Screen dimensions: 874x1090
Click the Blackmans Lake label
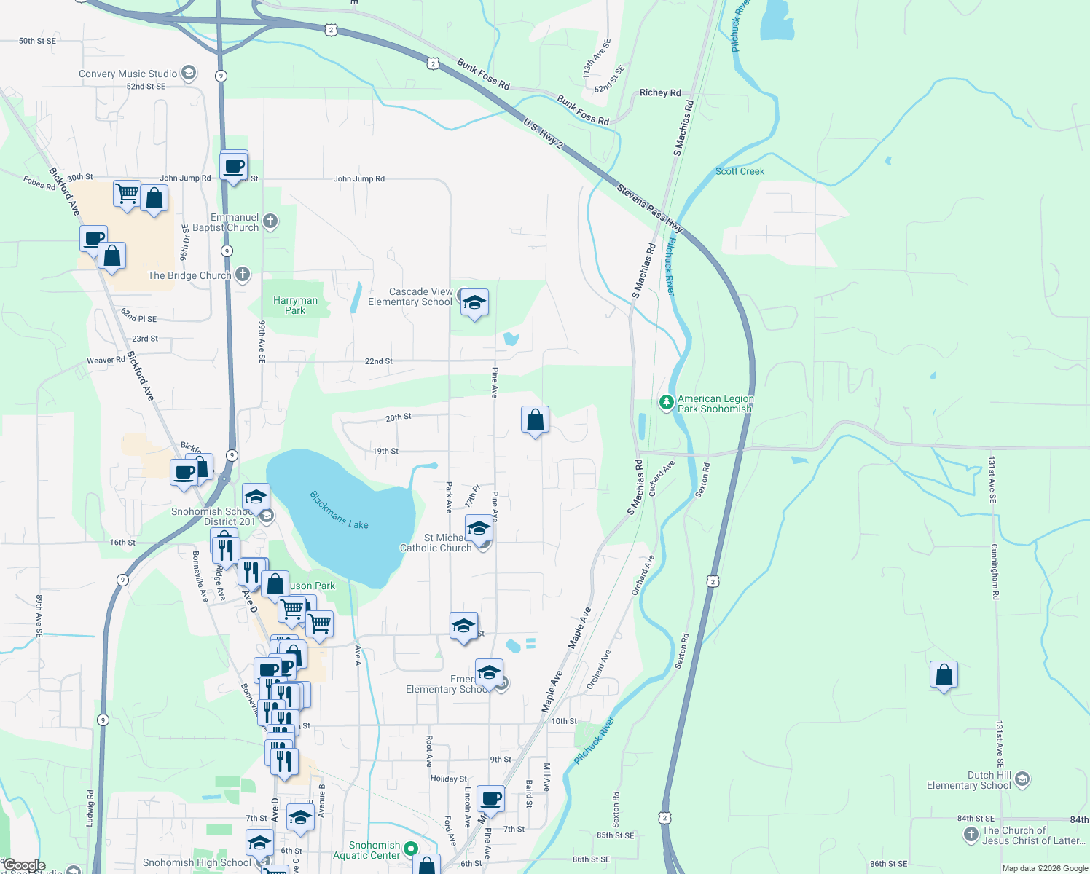pyautogui.click(x=339, y=510)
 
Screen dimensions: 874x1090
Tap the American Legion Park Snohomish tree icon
pyautogui.click(x=666, y=403)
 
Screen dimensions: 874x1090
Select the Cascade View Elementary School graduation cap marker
pyautogui.click(x=474, y=303)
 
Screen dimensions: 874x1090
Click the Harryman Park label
pyautogui.click(x=295, y=305)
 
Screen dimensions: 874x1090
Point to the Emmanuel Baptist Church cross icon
pyautogui.click(x=270, y=221)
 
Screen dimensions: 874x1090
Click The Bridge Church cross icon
pyautogui.click(x=243, y=275)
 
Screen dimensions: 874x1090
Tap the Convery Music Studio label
pyautogui.click(x=128, y=74)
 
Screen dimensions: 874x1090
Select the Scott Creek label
pyautogui.click(x=740, y=171)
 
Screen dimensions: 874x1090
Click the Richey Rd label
pyautogui.click(x=660, y=92)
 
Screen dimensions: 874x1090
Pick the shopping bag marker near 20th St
pyautogui.click(x=535, y=420)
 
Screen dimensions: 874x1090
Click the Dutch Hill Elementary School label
pyautogui.click(x=968, y=780)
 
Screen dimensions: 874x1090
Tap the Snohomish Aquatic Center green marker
pyautogui.click(x=411, y=849)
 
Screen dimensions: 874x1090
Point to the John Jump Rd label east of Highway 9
pyautogui.click(x=358, y=178)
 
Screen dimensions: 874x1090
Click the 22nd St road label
pyautogui.click(x=378, y=361)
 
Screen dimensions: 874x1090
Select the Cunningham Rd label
pyautogui.click(x=995, y=571)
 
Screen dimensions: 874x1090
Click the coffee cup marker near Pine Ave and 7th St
pyautogui.click(x=491, y=799)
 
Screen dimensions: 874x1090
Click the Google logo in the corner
pyautogui.click(x=24, y=865)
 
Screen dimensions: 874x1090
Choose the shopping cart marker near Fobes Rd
pyautogui.click(x=127, y=194)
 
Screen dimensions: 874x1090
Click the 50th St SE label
pyautogui.click(x=37, y=41)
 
